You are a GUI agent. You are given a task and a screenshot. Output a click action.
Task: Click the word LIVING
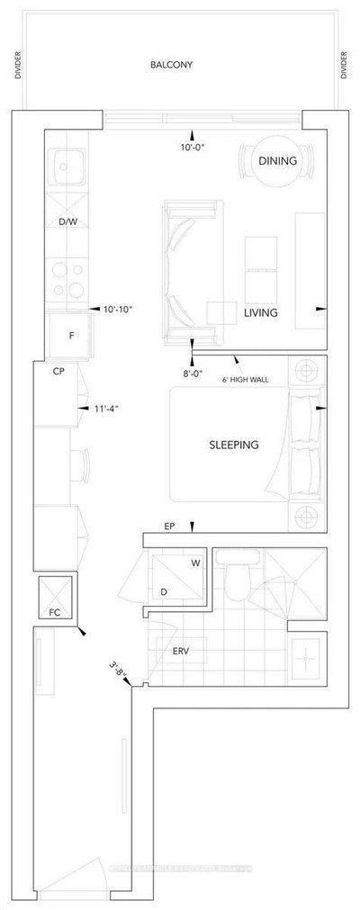click(259, 313)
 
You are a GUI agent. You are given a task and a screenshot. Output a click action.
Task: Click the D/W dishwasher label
click(67, 221)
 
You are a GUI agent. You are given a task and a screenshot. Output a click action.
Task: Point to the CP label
click(58, 370)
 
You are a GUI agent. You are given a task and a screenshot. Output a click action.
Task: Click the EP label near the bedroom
click(168, 527)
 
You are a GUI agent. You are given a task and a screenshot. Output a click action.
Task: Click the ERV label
click(178, 651)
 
